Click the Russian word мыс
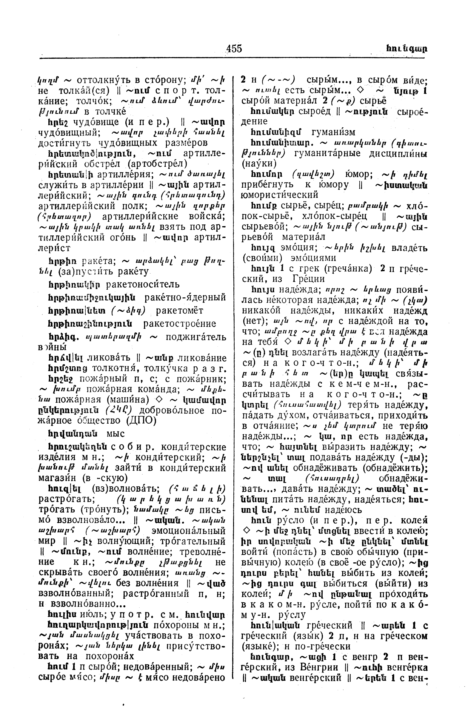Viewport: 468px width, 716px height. coord(116,433)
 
